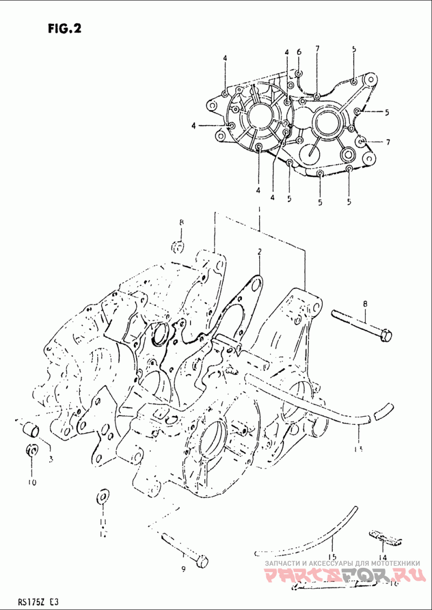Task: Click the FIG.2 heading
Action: tap(64, 29)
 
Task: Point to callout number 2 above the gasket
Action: tap(259, 252)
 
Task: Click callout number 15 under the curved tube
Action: tap(332, 557)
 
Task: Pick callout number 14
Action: tap(382, 558)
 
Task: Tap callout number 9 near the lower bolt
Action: tap(183, 570)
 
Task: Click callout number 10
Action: tap(32, 482)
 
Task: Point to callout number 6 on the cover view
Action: tap(299, 52)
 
